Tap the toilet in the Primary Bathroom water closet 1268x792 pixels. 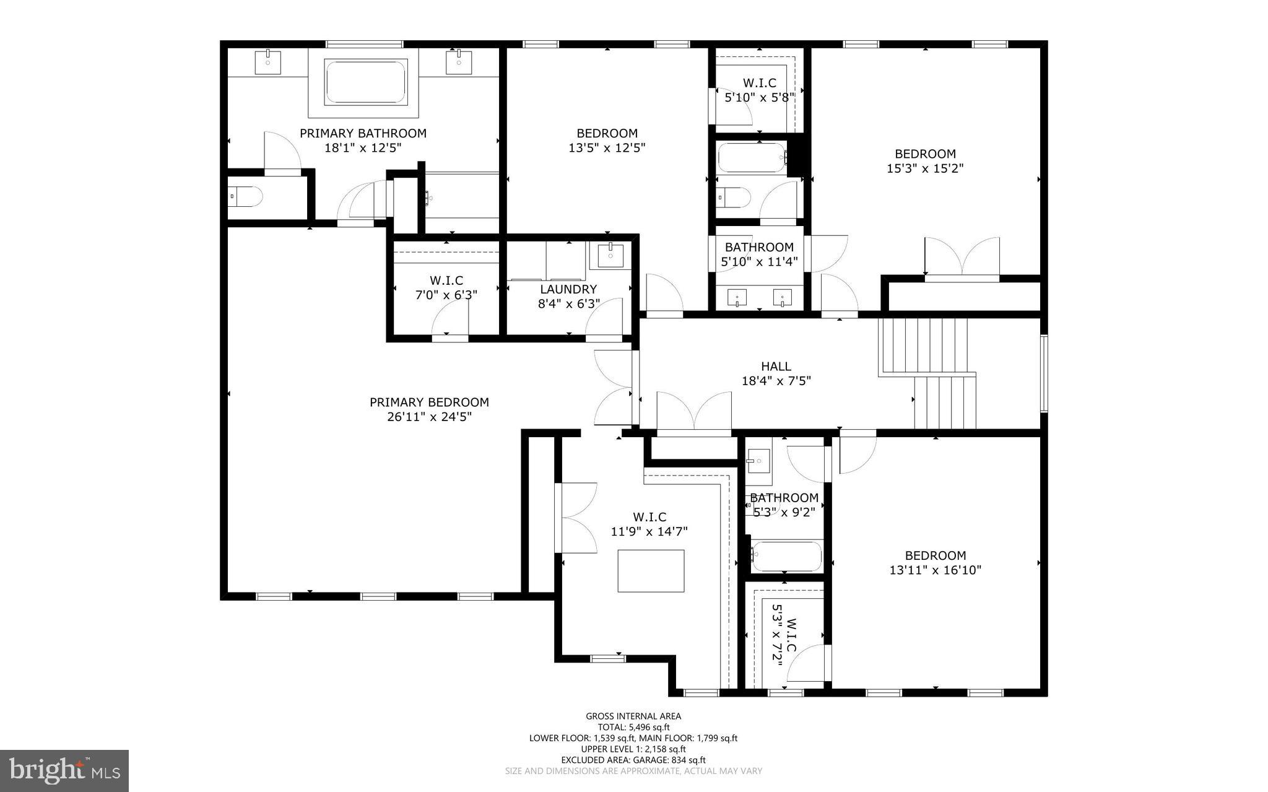tap(246, 198)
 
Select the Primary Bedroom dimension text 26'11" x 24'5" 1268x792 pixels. tap(429, 417)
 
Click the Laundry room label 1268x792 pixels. tap(568, 289)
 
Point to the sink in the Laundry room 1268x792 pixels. tap(610, 254)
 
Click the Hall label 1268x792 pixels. tap(776, 367)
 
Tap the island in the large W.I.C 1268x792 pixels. tap(651, 570)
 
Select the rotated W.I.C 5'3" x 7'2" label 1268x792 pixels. tap(784, 643)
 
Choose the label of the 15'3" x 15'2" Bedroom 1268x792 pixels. tap(925, 154)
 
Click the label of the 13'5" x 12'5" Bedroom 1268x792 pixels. tap(607, 133)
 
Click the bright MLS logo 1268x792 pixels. tap(64, 770)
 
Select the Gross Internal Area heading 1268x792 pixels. tap(633, 716)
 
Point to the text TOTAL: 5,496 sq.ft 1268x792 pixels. tap(633, 728)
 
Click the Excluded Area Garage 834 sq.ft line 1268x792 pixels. tap(633, 760)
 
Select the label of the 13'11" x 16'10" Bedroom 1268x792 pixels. tap(935, 556)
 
